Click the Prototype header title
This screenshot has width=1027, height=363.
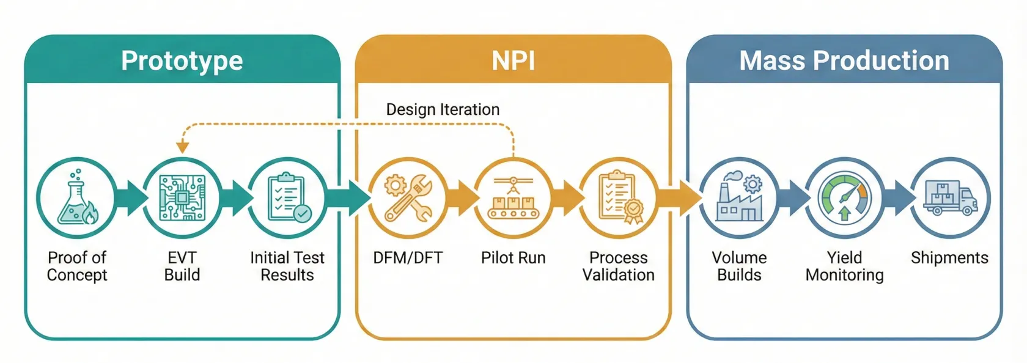click(182, 61)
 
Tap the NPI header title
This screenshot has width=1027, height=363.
click(513, 61)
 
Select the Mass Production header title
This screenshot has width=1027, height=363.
click(844, 61)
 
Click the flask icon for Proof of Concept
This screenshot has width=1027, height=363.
click(76, 198)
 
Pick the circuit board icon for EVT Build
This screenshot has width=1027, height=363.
click(182, 198)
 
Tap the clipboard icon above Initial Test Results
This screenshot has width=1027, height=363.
click(287, 198)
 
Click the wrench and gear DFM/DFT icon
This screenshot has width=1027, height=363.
click(408, 198)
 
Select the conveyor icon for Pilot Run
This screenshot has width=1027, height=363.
click(513, 198)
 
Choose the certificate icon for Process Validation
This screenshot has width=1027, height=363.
click(619, 198)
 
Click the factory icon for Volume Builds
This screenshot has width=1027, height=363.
click(739, 198)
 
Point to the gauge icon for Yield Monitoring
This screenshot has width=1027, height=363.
click(844, 198)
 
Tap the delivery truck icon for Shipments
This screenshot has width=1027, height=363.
click(949, 198)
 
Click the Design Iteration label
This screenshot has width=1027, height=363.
click(443, 109)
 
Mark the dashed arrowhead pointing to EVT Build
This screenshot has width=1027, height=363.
click(182, 147)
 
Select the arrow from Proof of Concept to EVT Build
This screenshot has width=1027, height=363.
click(131, 198)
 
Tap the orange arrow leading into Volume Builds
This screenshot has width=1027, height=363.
click(680, 198)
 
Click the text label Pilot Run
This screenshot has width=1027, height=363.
click(513, 258)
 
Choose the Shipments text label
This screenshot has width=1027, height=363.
click(949, 258)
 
